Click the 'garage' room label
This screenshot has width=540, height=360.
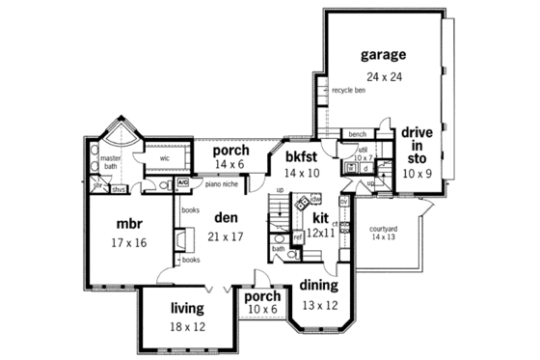pyautogui.click(x=383, y=54)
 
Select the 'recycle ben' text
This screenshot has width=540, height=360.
pyautogui.click(x=348, y=91)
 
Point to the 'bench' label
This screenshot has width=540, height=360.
pyautogui.click(x=357, y=133)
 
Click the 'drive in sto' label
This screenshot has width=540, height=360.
pyautogui.click(x=417, y=146)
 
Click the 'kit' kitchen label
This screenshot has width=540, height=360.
pyautogui.click(x=322, y=218)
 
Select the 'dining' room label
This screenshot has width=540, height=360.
pyautogui.click(x=317, y=285)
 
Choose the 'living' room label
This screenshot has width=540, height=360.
pyautogui.click(x=187, y=308)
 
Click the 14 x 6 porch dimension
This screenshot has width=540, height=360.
pyautogui.click(x=229, y=166)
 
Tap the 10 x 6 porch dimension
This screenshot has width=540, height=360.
pyautogui.click(x=262, y=311)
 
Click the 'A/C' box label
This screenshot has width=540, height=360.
pyautogui.click(x=183, y=181)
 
